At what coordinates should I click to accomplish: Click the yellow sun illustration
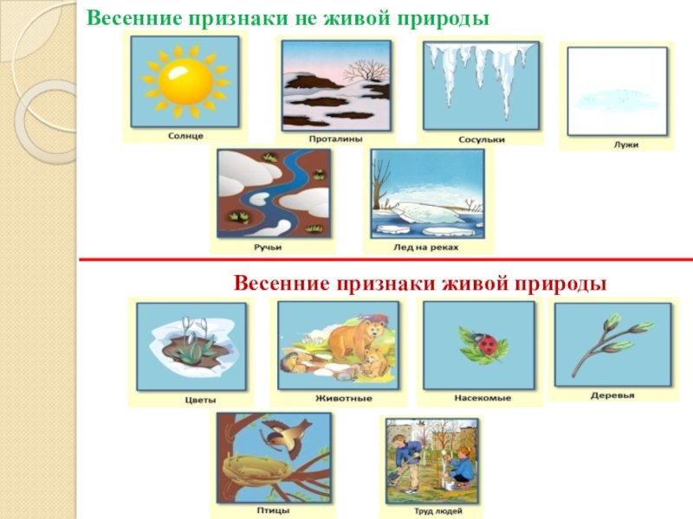pyautogui.click(x=185, y=81)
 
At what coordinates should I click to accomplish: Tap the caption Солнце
pyautogui.click(x=185, y=136)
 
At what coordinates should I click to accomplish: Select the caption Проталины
pyautogui.click(x=335, y=139)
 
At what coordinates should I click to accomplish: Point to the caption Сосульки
pyautogui.click(x=482, y=140)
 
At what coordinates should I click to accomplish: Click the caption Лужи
pyautogui.click(x=625, y=144)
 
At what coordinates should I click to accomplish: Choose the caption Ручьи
pyautogui.click(x=268, y=247)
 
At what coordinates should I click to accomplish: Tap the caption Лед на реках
pyautogui.click(x=426, y=247)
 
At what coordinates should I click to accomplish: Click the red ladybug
pyautogui.click(x=489, y=343)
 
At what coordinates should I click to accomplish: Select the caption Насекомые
pyautogui.click(x=483, y=398)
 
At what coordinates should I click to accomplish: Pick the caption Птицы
pyautogui.click(x=273, y=510)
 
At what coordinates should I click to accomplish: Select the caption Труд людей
pyautogui.click(x=438, y=511)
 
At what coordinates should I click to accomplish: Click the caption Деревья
pyautogui.click(x=612, y=396)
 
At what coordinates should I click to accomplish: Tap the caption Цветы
pyautogui.click(x=200, y=400)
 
